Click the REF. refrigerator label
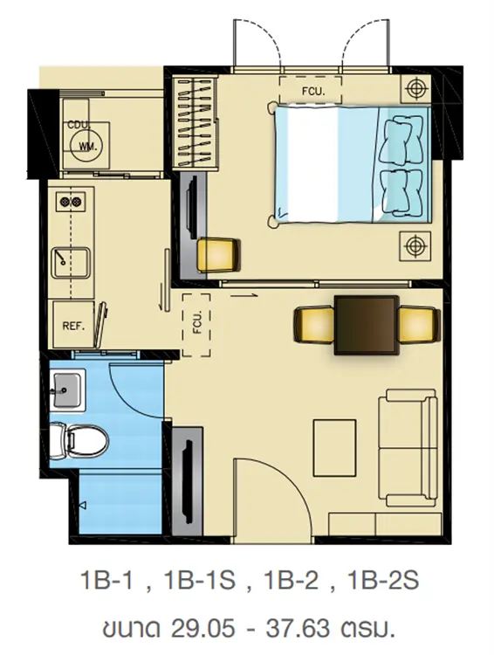[73, 327]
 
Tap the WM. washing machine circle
[87, 146]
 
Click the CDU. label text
[79, 125]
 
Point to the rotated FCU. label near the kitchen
[197, 322]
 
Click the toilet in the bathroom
[79, 440]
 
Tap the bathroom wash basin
[67, 390]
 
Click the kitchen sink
[70, 263]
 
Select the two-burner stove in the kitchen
[71, 203]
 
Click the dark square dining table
[366, 326]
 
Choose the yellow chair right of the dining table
[419, 326]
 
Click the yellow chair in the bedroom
[218, 255]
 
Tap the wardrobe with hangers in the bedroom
[196, 123]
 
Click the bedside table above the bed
[415, 88]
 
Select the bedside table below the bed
[415, 245]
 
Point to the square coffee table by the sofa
[334, 448]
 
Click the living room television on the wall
[188, 480]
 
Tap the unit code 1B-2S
[382, 580]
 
